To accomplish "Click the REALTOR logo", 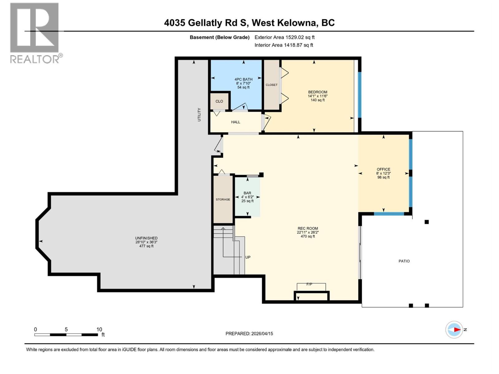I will (35, 33).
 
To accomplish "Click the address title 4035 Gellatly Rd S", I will (249, 23).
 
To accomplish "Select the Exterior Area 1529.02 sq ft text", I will (284, 37).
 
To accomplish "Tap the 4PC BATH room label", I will (244, 80).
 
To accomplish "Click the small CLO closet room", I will (219, 101).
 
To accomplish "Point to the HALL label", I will (235, 122).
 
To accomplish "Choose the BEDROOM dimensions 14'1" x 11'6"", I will (317, 96).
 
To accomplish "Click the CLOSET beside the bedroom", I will (271, 85).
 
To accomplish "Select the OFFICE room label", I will (383, 170).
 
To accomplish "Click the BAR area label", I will (247, 193).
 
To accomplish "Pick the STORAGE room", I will (223, 199).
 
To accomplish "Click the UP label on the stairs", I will (248, 257).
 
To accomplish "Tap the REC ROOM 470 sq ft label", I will (308, 233).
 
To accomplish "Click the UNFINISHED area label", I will (146, 238).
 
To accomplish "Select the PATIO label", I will (404, 261).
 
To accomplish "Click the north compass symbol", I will (454, 329).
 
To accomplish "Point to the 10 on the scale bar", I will (99, 329).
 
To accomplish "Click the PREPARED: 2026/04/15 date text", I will (249, 333).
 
